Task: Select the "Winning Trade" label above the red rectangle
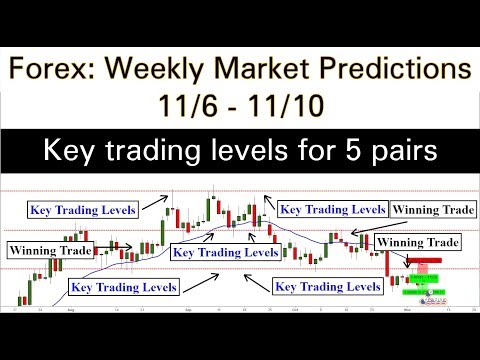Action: pyautogui.click(x=419, y=242)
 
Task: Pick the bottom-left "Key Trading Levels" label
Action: pyautogui.click(x=123, y=286)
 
